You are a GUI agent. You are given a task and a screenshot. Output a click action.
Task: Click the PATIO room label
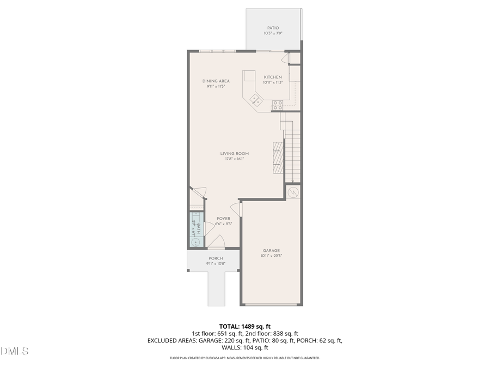(x=273, y=28)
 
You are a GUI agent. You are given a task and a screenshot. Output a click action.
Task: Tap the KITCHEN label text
(x=273, y=77)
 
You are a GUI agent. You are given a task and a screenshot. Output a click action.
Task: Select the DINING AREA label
(x=216, y=81)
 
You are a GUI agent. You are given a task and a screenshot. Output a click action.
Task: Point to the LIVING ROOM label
(x=234, y=154)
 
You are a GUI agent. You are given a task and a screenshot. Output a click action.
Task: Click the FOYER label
(x=223, y=219)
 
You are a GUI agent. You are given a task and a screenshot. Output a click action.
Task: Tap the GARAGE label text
(x=271, y=250)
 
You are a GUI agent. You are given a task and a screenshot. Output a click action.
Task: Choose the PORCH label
(x=216, y=258)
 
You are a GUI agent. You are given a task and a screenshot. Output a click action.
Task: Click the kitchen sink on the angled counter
(x=256, y=100)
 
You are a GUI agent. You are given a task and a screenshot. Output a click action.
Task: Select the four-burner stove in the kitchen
(x=278, y=104)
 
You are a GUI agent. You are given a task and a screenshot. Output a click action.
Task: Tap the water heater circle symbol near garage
(x=293, y=192)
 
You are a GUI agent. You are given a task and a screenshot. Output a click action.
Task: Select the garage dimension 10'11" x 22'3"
(x=271, y=256)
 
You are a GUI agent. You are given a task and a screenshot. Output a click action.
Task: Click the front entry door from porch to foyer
(x=216, y=244)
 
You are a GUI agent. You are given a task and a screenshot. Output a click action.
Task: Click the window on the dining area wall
(x=217, y=51)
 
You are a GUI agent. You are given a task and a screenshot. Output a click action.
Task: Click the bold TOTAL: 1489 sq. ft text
(x=244, y=326)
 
